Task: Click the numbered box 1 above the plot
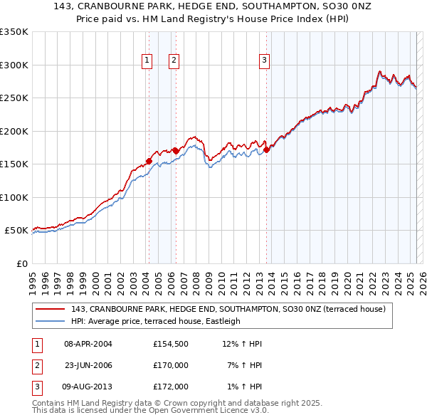pos(147,61)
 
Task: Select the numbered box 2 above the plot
pos(174,61)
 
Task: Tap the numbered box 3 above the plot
pos(264,61)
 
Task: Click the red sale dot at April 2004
pos(149,161)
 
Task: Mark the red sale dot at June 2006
pos(176,150)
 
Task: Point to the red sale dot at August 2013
pos(267,149)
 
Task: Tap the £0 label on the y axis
pos(21,263)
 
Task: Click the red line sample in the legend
pos(51,310)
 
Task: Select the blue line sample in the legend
pos(51,321)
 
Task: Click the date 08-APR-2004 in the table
pos(88,344)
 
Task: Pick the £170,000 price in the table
pos(171,365)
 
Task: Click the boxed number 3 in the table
pos(35,387)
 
